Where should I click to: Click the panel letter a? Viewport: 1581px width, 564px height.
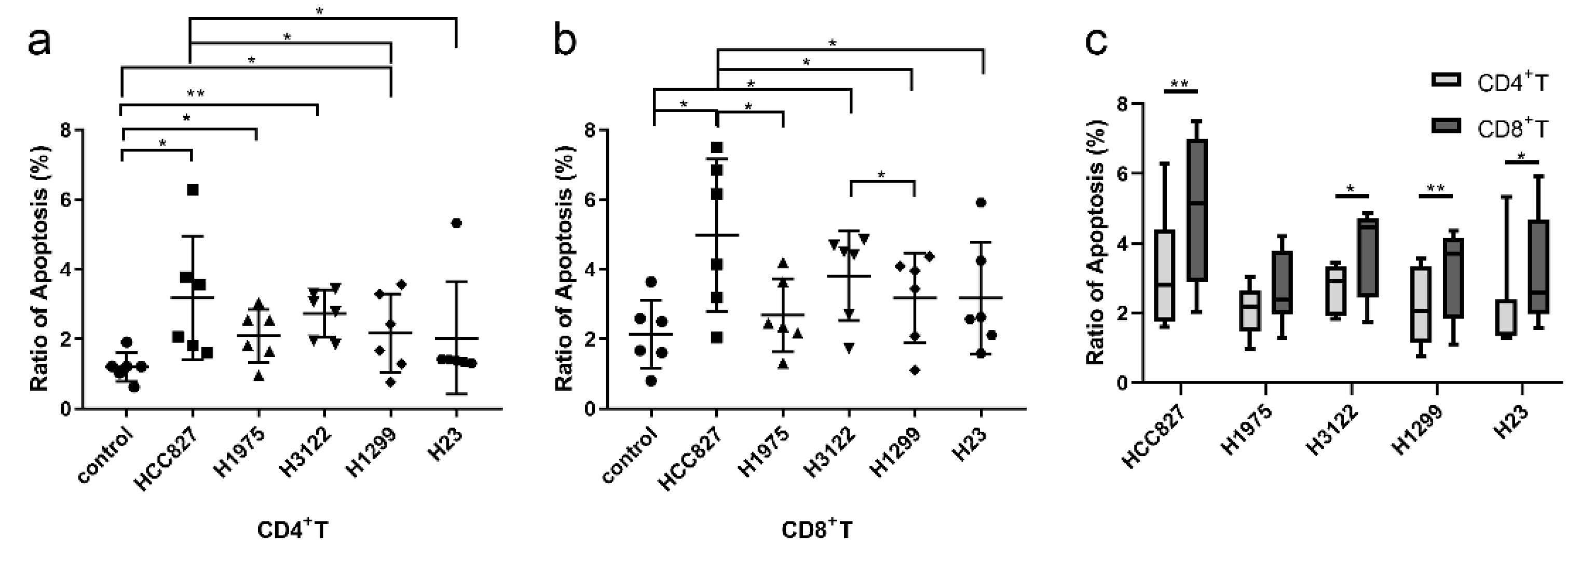[39, 43]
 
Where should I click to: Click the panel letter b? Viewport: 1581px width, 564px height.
[565, 43]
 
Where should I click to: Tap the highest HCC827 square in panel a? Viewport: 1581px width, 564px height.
[193, 189]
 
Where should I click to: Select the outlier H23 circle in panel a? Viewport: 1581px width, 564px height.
[456, 223]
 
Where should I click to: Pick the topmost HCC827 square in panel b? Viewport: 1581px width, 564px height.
[717, 147]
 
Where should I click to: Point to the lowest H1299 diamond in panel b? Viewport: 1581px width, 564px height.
[915, 370]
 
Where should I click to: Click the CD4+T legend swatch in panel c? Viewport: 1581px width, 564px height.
[1446, 80]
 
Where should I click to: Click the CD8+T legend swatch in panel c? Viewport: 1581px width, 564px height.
[1446, 125]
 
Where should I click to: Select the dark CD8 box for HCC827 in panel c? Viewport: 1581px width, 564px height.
[1197, 210]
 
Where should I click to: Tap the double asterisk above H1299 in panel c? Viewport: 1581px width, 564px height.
[1436, 188]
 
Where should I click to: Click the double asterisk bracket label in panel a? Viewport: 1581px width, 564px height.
[195, 94]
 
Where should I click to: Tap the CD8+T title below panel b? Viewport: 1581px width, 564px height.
[816, 529]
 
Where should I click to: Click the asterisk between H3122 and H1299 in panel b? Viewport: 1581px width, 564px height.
[881, 174]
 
